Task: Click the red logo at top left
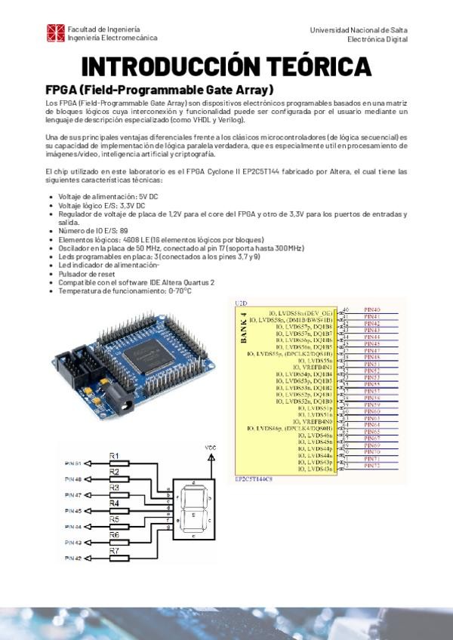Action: (56, 32)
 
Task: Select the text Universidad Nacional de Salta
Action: (358, 29)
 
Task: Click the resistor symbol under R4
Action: (114, 511)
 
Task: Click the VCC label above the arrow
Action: (211, 448)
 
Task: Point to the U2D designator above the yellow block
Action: (241, 302)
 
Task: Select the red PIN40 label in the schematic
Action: (372, 310)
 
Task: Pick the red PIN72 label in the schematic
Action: (372, 465)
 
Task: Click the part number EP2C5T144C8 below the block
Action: (254, 478)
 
